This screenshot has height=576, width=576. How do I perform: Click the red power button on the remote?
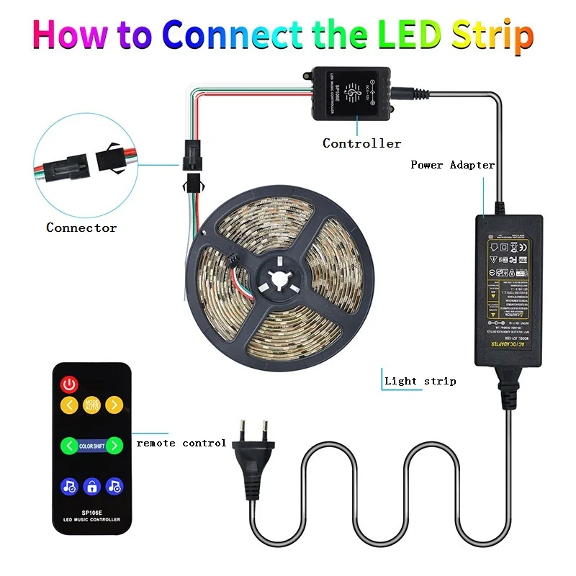(69, 384)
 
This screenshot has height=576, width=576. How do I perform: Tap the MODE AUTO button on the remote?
(91, 405)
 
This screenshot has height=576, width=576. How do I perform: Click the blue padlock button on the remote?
(91, 485)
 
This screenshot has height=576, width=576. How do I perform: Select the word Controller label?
(361, 143)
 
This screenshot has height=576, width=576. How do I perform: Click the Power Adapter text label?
(452, 165)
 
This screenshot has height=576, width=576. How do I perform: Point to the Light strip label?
(420, 381)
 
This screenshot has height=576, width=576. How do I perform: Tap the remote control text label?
(181, 443)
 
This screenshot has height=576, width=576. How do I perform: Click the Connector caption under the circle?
(81, 228)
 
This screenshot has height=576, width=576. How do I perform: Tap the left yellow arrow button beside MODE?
(69, 405)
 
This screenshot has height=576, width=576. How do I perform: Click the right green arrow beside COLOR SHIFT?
(114, 446)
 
